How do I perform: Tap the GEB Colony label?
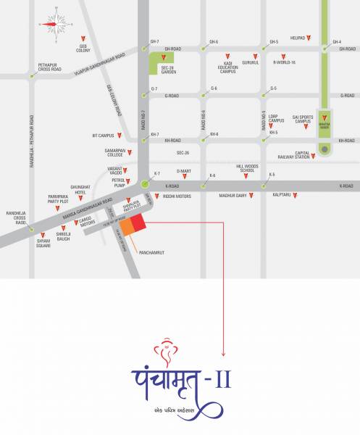click(88, 49)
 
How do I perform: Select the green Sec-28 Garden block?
click(162, 65)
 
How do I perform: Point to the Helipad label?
click(297, 37)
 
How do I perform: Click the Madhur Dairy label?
click(233, 195)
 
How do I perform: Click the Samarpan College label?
click(115, 153)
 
